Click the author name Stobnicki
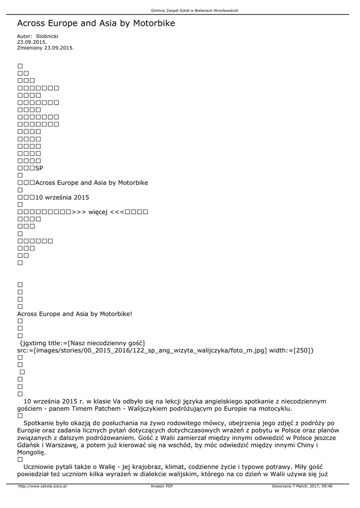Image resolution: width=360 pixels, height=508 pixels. click(x=48, y=37)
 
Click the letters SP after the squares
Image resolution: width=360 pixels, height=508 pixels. click(x=40, y=168)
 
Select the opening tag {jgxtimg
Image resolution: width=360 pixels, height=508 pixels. click(x=32, y=343)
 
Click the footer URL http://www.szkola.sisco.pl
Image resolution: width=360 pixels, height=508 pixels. click(x=42, y=486)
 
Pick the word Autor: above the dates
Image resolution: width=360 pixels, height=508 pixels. click(x=24, y=37)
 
